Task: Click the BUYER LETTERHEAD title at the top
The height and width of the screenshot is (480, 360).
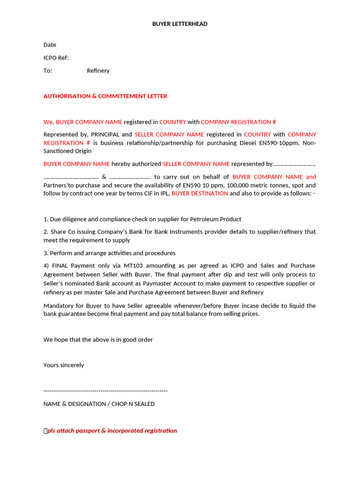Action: (x=180, y=24)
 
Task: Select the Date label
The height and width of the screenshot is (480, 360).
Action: (x=50, y=45)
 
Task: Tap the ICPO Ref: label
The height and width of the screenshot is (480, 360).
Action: (x=56, y=58)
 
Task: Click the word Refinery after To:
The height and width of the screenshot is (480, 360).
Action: (x=98, y=71)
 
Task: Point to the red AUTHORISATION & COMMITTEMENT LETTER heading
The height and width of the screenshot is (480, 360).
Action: (x=105, y=96)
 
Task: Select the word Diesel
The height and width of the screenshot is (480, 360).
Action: (x=248, y=143)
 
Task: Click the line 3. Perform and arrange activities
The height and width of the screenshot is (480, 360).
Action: (x=109, y=253)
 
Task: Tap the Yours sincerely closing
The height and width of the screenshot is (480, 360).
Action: (x=64, y=365)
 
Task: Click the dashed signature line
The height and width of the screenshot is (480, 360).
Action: (x=105, y=390)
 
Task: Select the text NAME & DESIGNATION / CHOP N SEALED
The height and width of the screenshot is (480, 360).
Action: (x=99, y=404)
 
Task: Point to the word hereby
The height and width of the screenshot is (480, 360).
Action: (x=121, y=164)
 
